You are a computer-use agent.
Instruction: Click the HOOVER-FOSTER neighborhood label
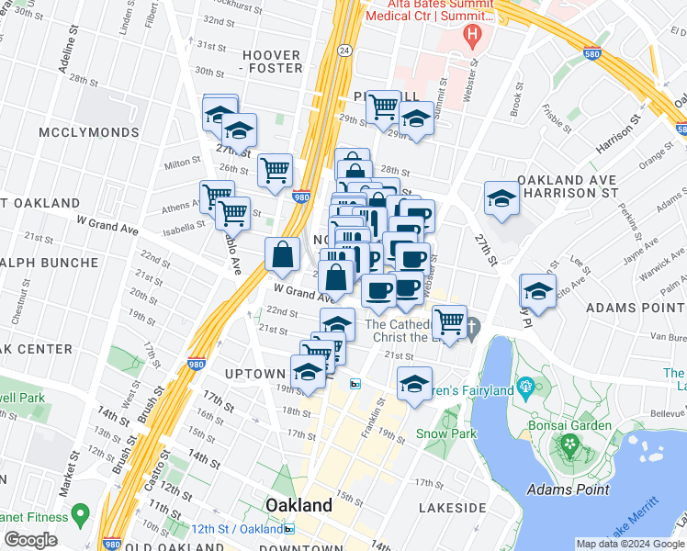pos(272,62)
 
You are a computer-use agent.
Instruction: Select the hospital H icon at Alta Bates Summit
pos(473,36)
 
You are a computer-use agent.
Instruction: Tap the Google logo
pos(30,539)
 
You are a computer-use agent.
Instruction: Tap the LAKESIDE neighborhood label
pos(451,507)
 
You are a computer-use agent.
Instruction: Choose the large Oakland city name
pos(298,505)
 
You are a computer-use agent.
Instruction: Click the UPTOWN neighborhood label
pos(255,374)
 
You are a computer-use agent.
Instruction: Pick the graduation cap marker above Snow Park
pos(415,383)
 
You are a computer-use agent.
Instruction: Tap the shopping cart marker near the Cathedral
pos(449,322)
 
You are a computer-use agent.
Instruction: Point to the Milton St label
pos(182,162)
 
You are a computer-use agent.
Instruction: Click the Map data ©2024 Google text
pos(629,544)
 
